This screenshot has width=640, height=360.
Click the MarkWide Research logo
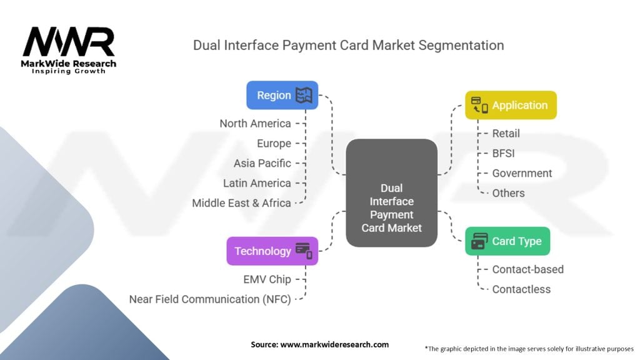pyautogui.click(x=69, y=49)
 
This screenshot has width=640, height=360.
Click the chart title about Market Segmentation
pyautogui.click(x=348, y=45)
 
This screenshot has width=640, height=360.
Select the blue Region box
pyautogui.click(x=282, y=96)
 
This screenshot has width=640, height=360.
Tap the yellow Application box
pyautogui.click(x=511, y=105)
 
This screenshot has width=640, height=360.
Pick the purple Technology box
pyautogui.click(x=272, y=251)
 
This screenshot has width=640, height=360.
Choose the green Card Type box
pyautogui.click(x=507, y=241)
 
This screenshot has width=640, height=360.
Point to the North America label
pyautogui.click(x=255, y=123)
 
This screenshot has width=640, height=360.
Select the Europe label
pyautogui.click(x=274, y=143)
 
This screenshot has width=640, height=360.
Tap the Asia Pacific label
pyautogui.click(x=262, y=163)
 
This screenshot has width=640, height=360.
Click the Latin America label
pyautogui.click(x=257, y=183)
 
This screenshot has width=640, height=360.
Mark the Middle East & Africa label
pyautogui.click(x=241, y=203)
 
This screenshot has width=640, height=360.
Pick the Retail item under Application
pyautogui.click(x=506, y=133)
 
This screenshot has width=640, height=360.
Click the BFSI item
pyautogui.click(x=503, y=153)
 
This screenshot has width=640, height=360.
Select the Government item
pyautogui.click(x=522, y=173)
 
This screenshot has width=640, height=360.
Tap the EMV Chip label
pyautogui.click(x=267, y=279)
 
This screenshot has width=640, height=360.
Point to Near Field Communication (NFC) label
pyautogui.click(x=210, y=299)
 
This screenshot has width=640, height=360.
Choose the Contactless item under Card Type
pyautogui.click(x=521, y=289)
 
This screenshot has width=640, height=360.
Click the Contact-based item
pyautogui.click(x=527, y=269)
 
